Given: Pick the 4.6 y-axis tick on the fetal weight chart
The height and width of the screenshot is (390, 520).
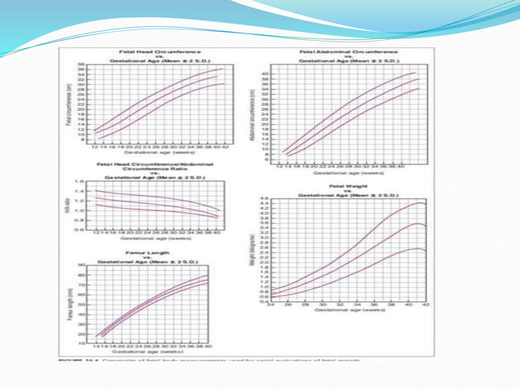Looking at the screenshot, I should pyautogui.click(x=263, y=199).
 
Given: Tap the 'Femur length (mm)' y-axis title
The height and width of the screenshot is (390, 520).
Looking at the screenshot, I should pyautogui.click(x=71, y=303).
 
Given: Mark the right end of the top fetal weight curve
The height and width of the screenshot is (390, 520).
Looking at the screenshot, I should pyautogui.click(x=426, y=205).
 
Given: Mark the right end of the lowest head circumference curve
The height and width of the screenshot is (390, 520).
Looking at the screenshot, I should pyautogui.click(x=222, y=83).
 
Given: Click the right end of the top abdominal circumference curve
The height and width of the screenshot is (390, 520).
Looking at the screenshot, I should pyautogui.click(x=416, y=73).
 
